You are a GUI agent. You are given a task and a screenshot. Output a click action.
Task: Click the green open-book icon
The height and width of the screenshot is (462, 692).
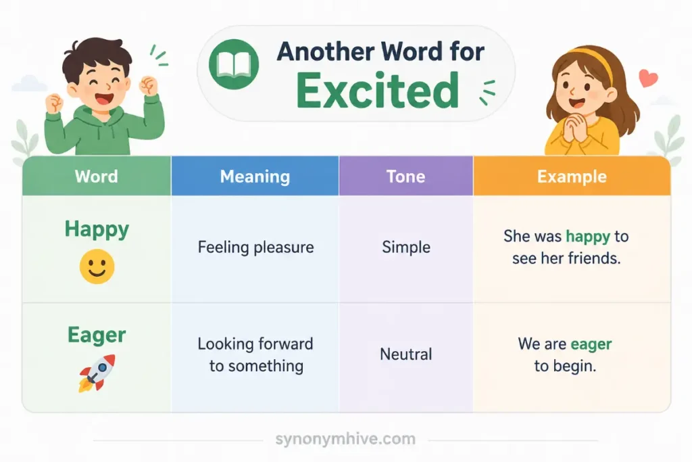coord(233,64)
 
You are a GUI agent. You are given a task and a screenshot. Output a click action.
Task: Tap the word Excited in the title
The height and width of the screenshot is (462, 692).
coord(378,91)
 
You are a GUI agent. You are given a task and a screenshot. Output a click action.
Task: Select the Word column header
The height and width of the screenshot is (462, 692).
coord(96,177)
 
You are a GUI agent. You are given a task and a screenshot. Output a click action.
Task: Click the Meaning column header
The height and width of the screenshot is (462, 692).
coord(255,177)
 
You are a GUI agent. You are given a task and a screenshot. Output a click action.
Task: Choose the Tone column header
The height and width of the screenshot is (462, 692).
coord(406,177)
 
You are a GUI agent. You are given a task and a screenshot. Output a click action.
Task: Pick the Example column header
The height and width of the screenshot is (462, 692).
coord(572,177)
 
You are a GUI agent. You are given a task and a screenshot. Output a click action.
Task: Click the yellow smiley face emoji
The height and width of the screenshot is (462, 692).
coord(97,267)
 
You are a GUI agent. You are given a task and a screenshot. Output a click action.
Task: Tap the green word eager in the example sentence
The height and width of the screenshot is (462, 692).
coord(591,344)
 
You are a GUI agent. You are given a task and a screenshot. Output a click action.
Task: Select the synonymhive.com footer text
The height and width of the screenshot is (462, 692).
coord(345,439)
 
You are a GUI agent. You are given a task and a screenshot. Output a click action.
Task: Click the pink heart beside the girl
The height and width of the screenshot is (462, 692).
coord(648,78)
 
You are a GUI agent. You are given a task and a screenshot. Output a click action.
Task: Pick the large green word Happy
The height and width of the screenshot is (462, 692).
coord(97,230)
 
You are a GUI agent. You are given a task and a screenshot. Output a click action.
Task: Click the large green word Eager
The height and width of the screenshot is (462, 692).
coord(97,336)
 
